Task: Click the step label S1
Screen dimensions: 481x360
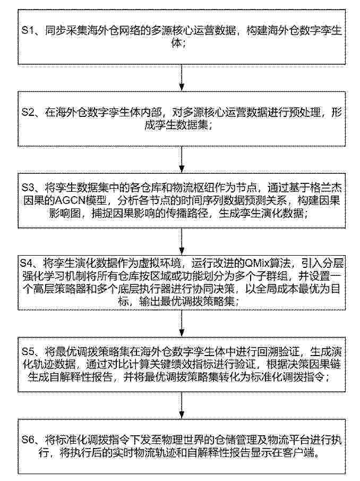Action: tap(28, 32)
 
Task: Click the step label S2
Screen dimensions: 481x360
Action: tap(28, 112)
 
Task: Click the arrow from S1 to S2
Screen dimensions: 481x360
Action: tap(182, 75)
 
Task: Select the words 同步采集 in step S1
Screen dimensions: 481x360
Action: tap(64, 32)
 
